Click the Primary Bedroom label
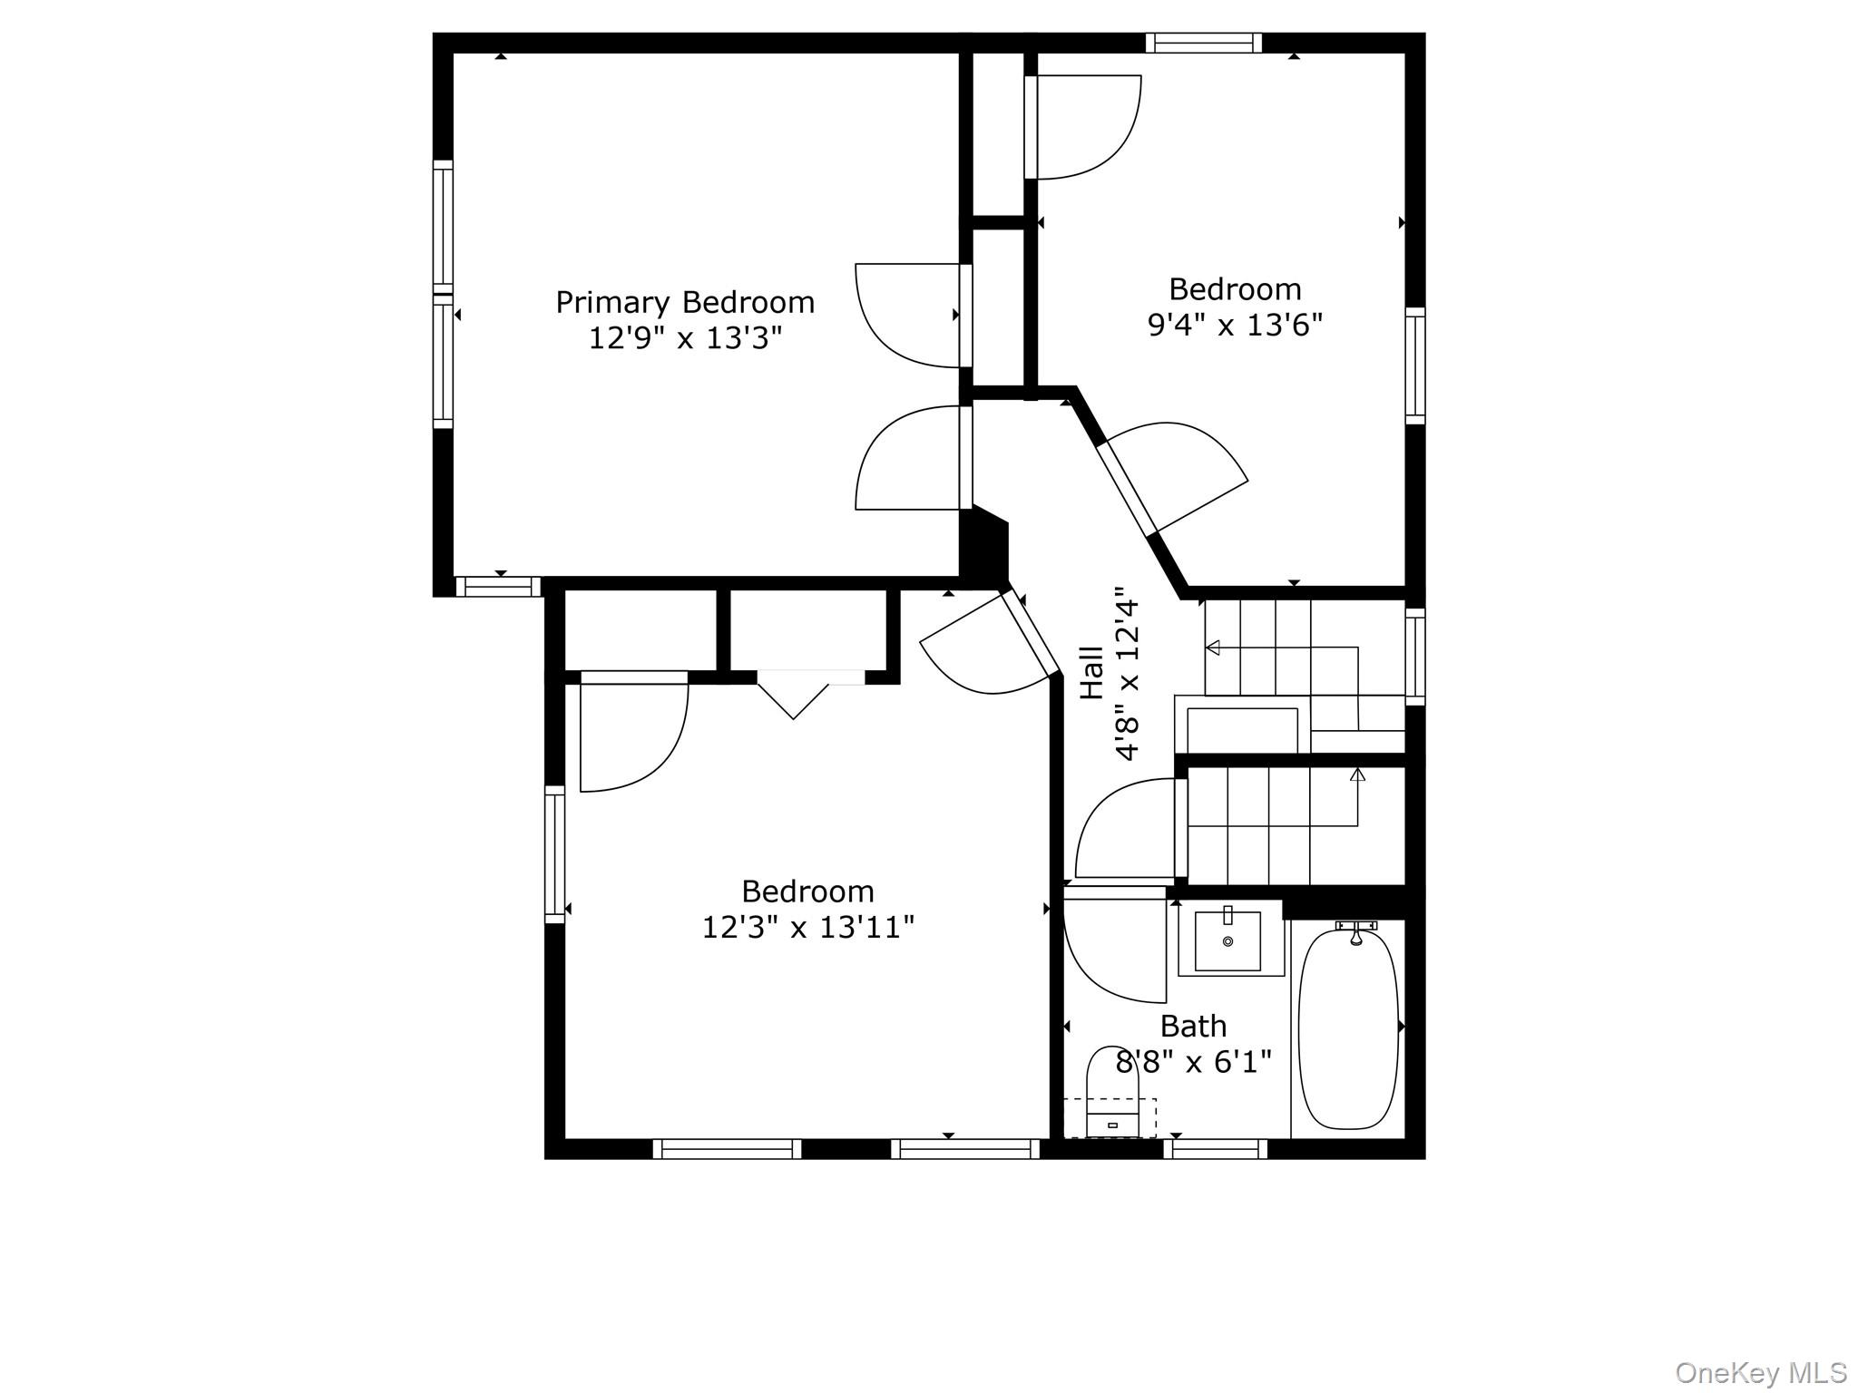685,303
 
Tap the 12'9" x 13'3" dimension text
685,338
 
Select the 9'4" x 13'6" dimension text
1235,325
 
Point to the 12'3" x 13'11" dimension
807,928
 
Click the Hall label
1091,673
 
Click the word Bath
1193,1027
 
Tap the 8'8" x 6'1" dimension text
1193,1062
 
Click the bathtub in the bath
1348,1028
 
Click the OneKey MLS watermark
1761,1372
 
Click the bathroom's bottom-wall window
1215,1149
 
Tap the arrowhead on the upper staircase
1212,648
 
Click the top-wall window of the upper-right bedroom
1203,43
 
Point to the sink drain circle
1228,942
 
